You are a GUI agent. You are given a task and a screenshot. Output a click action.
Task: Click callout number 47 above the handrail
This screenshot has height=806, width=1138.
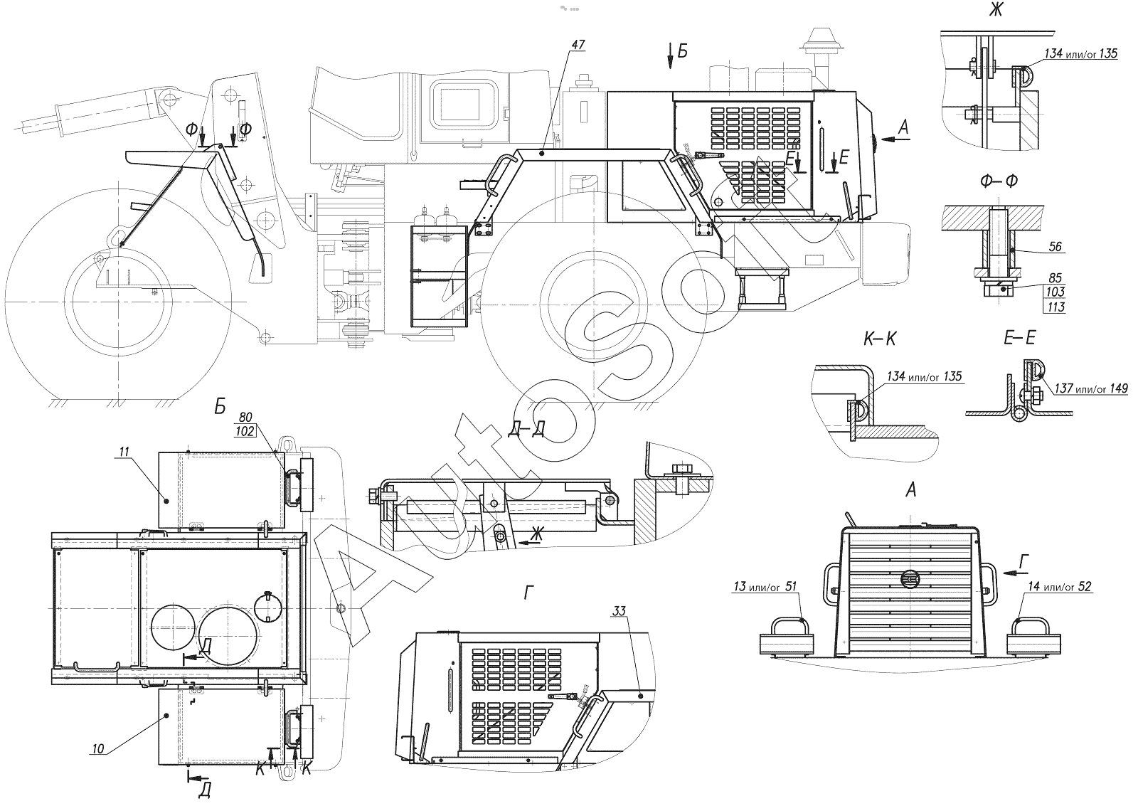pos(578,45)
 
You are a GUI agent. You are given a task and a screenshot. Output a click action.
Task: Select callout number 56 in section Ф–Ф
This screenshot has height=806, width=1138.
pos(1055,246)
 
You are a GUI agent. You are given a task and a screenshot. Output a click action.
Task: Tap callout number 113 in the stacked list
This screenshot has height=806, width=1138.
pos(1055,307)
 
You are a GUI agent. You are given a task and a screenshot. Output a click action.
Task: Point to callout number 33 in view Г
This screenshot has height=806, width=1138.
pos(619,611)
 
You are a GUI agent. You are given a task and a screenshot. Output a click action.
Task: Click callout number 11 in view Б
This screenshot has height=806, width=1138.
pos(124,451)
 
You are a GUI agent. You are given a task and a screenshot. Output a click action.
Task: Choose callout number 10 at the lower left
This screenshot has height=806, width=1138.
pos(98,748)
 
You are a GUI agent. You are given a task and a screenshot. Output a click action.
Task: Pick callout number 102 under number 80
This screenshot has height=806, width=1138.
pos(245,431)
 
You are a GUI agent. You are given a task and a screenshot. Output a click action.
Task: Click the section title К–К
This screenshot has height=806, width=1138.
pos(880,339)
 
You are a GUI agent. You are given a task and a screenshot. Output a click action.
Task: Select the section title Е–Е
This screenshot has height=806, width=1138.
pos(1020,337)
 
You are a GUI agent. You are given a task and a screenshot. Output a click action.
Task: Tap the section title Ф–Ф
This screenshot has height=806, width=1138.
pos(999,181)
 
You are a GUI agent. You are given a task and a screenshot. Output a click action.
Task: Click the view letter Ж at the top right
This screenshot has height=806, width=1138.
pos(996,9)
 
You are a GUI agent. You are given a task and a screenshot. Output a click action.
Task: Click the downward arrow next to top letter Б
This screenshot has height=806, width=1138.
pos(670,55)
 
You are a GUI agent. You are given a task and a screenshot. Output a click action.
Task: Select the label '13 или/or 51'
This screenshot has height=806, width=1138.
pos(765,586)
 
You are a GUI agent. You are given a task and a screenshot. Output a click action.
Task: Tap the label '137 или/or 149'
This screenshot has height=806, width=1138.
pos(1091,388)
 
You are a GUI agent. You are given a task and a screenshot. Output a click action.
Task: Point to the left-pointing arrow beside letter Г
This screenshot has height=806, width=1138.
pos(1015,573)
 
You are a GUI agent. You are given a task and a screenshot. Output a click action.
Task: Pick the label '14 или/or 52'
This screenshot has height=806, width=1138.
pos(1059,586)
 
